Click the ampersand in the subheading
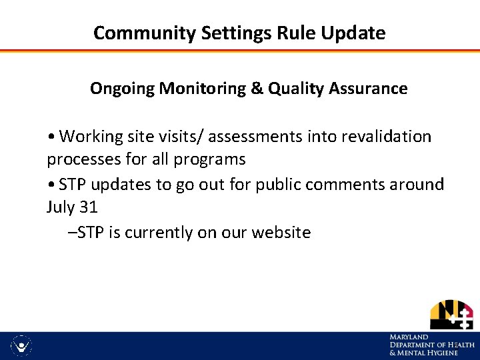pos(257,88)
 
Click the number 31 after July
pos(88,207)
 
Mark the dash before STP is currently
pos(72,233)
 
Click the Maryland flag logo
pos(451,315)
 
